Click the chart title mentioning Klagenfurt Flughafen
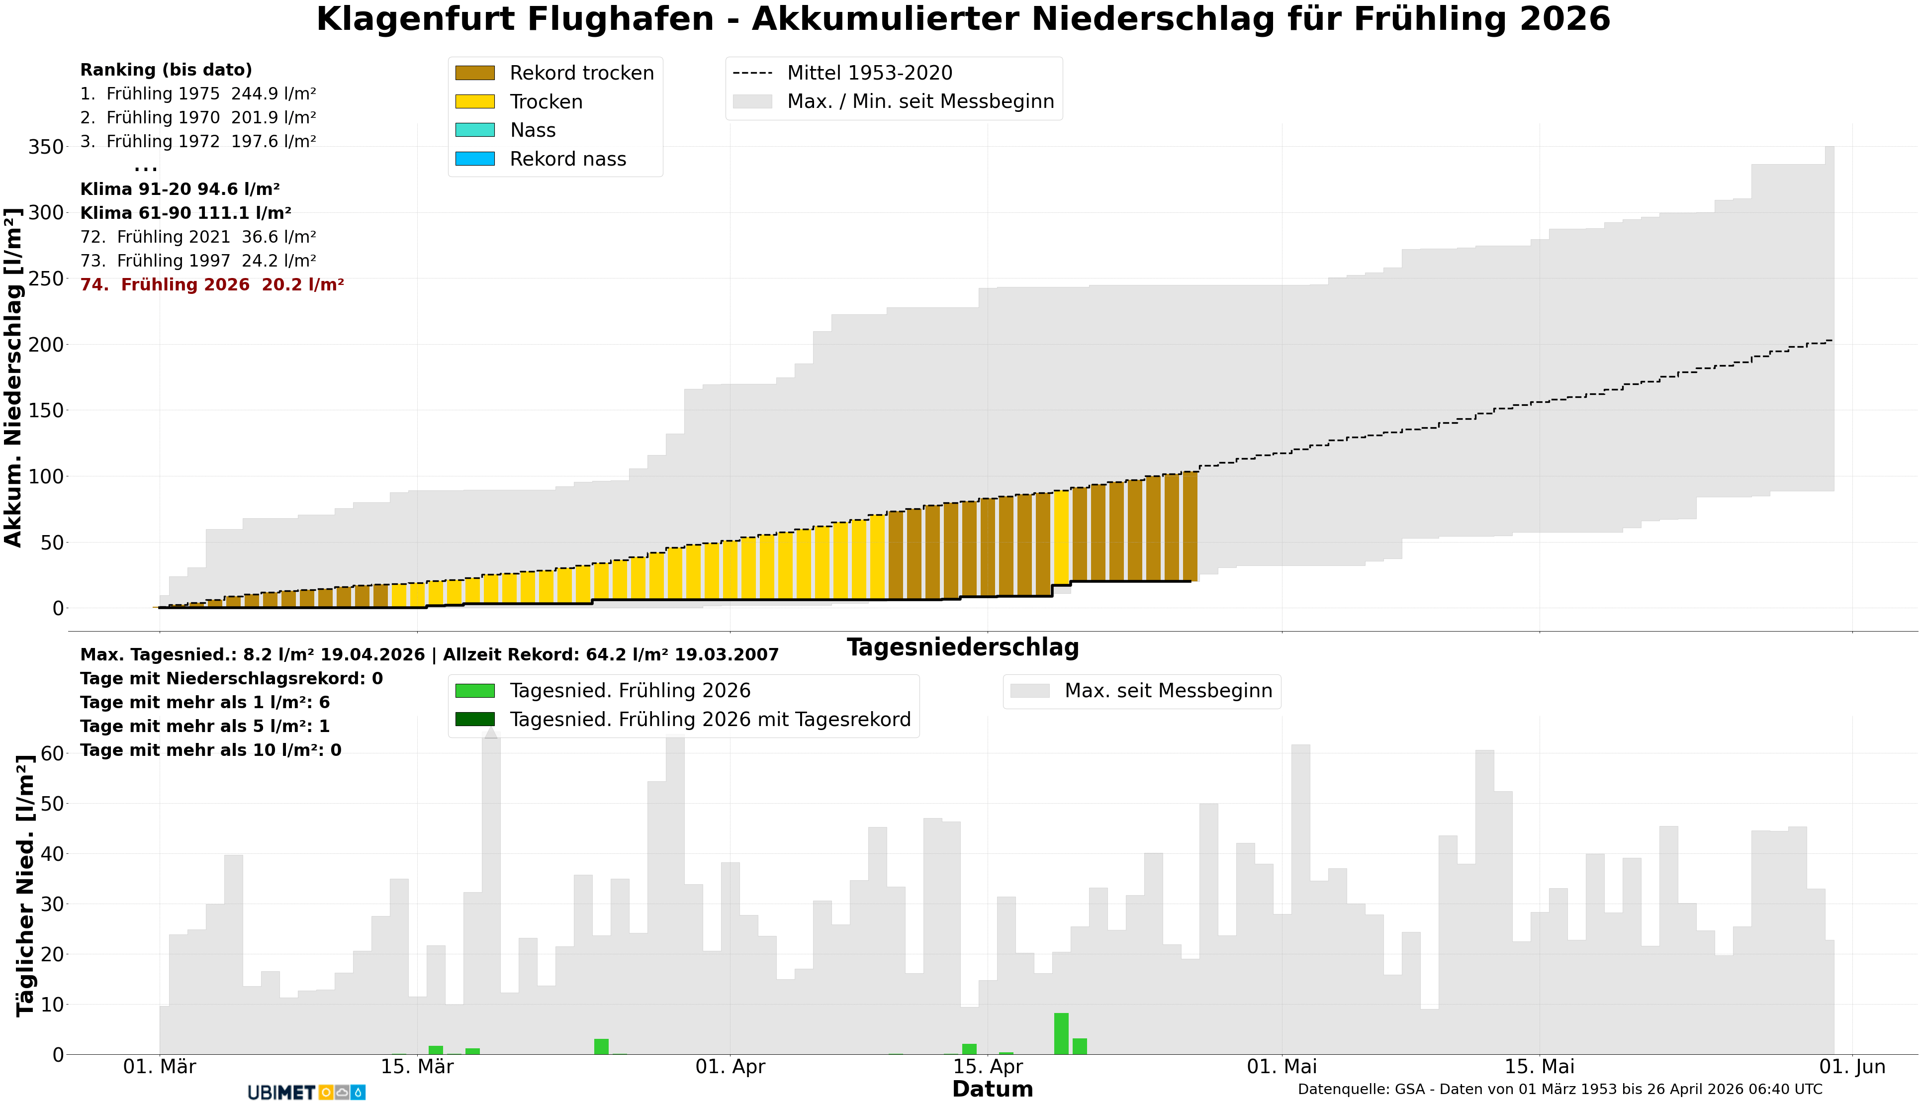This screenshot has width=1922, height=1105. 962,20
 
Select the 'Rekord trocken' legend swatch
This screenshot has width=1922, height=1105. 474,73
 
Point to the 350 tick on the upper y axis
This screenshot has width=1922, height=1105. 46,147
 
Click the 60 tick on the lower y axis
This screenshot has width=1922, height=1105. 52,753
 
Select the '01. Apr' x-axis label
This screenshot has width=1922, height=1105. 730,1067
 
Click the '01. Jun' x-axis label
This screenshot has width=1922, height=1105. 1852,1067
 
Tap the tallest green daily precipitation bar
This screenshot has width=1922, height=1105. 1061,1034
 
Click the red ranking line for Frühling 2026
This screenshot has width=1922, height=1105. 212,284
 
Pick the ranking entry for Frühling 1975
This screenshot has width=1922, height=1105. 198,94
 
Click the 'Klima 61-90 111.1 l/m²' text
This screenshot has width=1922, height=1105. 186,213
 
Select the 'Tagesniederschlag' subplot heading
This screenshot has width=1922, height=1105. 962,647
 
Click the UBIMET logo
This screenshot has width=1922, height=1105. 306,1092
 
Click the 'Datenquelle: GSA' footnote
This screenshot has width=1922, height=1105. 1559,1090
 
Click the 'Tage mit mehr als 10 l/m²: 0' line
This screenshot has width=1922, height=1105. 210,750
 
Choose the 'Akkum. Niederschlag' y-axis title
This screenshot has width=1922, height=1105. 13,376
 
